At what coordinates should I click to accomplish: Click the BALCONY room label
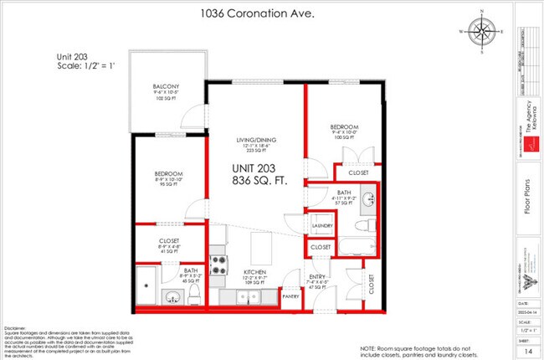(x=167, y=87)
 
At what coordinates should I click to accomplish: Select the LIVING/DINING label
(x=255, y=139)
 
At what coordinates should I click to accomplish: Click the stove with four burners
(x=219, y=265)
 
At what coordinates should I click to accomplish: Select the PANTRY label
(x=291, y=296)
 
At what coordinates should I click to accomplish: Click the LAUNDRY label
(x=322, y=226)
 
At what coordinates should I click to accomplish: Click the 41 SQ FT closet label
(x=169, y=245)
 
